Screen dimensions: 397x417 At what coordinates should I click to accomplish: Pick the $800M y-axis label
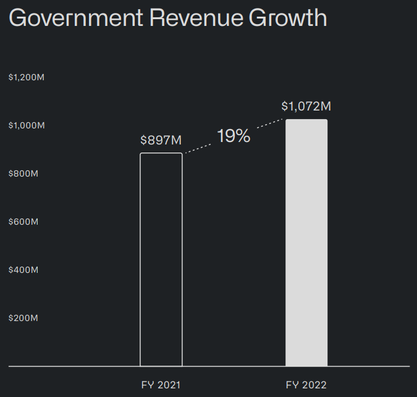(x=23, y=173)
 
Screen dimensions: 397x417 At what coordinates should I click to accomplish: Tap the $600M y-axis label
(x=23, y=222)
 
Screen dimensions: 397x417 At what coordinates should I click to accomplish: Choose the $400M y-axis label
(x=23, y=270)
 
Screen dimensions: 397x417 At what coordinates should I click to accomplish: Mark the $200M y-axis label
(x=23, y=318)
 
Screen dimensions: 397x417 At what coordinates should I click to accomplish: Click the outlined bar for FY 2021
(x=161, y=259)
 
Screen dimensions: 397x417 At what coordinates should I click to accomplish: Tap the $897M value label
(x=161, y=140)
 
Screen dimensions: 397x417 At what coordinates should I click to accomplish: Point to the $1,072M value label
(x=306, y=106)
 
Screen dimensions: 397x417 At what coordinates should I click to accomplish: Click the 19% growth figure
(x=234, y=136)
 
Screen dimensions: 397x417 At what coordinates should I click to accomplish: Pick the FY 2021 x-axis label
(x=161, y=385)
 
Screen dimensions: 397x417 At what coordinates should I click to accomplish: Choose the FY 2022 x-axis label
(x=306, y=385)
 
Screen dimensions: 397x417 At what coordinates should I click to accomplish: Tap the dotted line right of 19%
(x=269, y=124)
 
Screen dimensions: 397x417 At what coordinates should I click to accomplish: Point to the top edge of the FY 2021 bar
(x=161, y=153)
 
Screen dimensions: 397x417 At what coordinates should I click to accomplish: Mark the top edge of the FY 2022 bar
(x=306, y=120)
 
